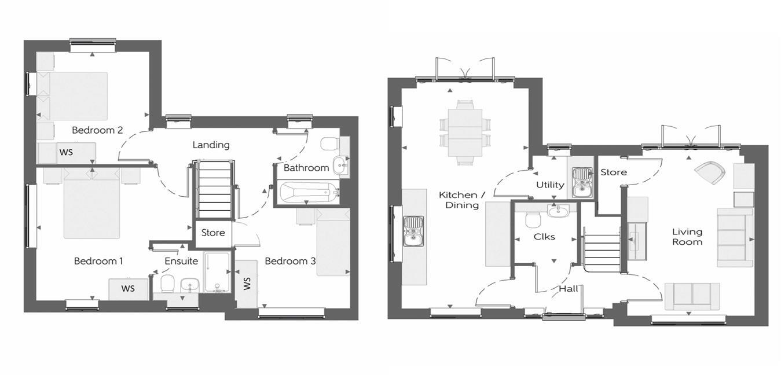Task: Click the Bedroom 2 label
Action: click(x=97, y=130)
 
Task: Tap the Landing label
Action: click(x=211, y=145)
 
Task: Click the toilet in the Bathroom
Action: click(x=329, y=143)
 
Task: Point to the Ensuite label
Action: click(x=181, y=261)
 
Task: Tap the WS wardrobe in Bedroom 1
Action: click(x=127, y=289)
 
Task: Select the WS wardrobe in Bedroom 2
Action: click(x=67, y=153)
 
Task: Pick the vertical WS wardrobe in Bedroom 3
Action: click(x=246, y=284)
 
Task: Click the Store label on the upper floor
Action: click(x=213, y=233)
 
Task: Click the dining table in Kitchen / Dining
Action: click(x=465, y=133)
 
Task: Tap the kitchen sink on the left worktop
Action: click(x=413, y=230)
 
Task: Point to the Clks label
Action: click(x=544, y=237)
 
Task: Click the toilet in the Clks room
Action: click(x=533, y=219)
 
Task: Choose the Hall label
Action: click(x=569, y=289)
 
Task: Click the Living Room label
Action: click(x=687, y=237)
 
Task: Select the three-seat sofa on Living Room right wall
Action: click(x=731, y=237)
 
